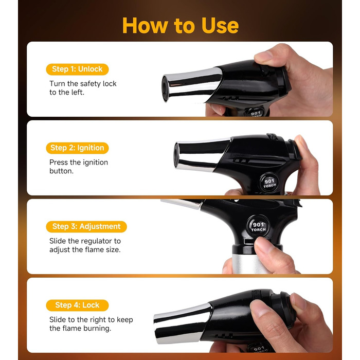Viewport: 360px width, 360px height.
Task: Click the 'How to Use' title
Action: coord(181,26)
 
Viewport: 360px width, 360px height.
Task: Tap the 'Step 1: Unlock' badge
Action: coord(77,69)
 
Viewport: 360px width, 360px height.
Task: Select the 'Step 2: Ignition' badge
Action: coord(77,148)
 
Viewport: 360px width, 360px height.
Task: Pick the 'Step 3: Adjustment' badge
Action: coord(86,227)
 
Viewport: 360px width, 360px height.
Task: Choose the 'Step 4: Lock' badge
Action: coord(77,305)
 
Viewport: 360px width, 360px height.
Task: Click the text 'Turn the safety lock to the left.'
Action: coord(83,88)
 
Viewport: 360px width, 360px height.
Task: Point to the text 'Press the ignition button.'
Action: coord(79,167)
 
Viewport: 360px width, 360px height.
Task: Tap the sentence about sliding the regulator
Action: coord(85,245)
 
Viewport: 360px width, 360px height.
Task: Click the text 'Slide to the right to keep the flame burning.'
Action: coord(91,324)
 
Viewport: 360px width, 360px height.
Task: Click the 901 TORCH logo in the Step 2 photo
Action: coord(269,182)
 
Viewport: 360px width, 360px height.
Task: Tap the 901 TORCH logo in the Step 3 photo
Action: coord(258,226)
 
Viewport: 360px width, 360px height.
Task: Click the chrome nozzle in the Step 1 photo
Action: coord(192,85)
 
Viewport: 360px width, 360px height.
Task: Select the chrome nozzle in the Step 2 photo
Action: coord(202,154)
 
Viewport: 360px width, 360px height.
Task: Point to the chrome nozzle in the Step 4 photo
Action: coord(183,323)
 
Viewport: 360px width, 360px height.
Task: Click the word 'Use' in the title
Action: coord(220,26)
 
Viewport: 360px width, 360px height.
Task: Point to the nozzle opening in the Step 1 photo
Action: coord(165,88)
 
